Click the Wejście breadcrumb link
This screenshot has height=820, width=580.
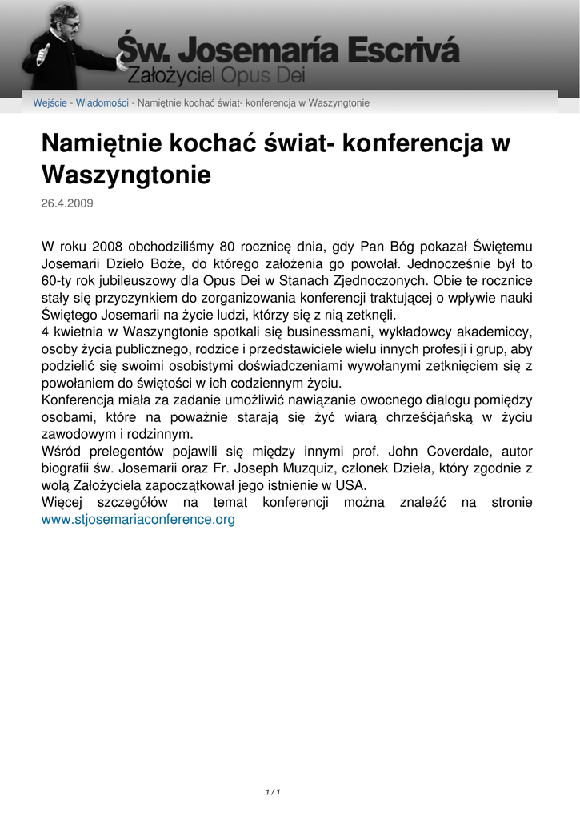pyautogui.click(x=50, y=103)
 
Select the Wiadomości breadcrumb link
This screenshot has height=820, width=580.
pyautogui.click(x=102, y=103)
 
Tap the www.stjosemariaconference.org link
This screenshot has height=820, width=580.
pyautogui.click(x=138, y=520)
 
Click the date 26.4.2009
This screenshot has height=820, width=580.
pyautogui.click(x=67, y=203)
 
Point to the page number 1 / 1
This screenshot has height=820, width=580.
pyautogui.click(x=272, y=792)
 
